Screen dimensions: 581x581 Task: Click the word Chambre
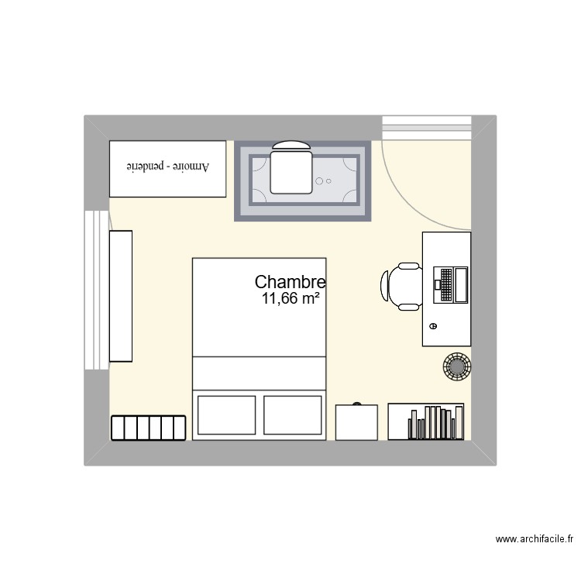(290, 283)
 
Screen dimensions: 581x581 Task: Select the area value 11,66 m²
(291, 298)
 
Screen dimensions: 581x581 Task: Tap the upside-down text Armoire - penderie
(168, 167)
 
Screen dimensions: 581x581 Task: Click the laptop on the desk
(452, 284)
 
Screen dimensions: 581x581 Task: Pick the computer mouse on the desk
(432, 326)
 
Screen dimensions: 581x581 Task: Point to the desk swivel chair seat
(406, 286)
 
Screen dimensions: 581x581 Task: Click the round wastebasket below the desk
(456, 365)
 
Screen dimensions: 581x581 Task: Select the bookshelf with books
(426, 422)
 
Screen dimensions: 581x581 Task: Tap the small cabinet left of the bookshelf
(356, 422)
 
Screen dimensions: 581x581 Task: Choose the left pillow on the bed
(227, 414)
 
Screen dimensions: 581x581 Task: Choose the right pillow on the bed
(293, 414)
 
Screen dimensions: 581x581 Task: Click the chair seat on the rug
(290, 171)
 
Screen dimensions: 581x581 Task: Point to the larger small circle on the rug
(319, 180)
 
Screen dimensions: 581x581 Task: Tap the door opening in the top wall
(427, 128)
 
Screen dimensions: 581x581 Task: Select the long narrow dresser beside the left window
(121, 296)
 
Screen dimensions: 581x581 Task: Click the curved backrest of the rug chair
(290, 145)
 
